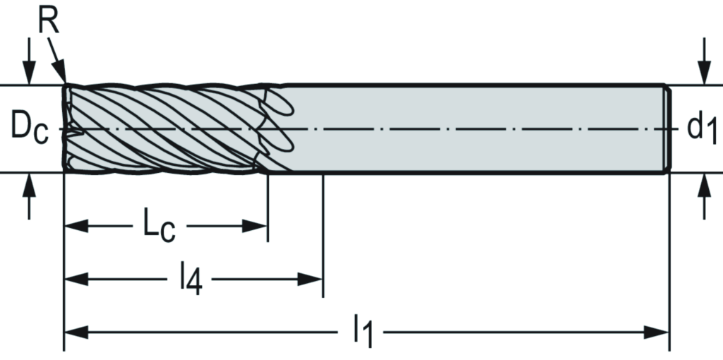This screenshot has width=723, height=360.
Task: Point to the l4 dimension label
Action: click(189, 280)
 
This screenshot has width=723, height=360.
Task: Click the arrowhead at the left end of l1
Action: click(75, 332)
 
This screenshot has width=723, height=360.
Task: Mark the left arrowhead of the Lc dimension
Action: click(75, 226)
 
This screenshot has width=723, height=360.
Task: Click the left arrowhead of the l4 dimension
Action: click(75, 279)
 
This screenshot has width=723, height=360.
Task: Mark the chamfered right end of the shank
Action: click(666, 128)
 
